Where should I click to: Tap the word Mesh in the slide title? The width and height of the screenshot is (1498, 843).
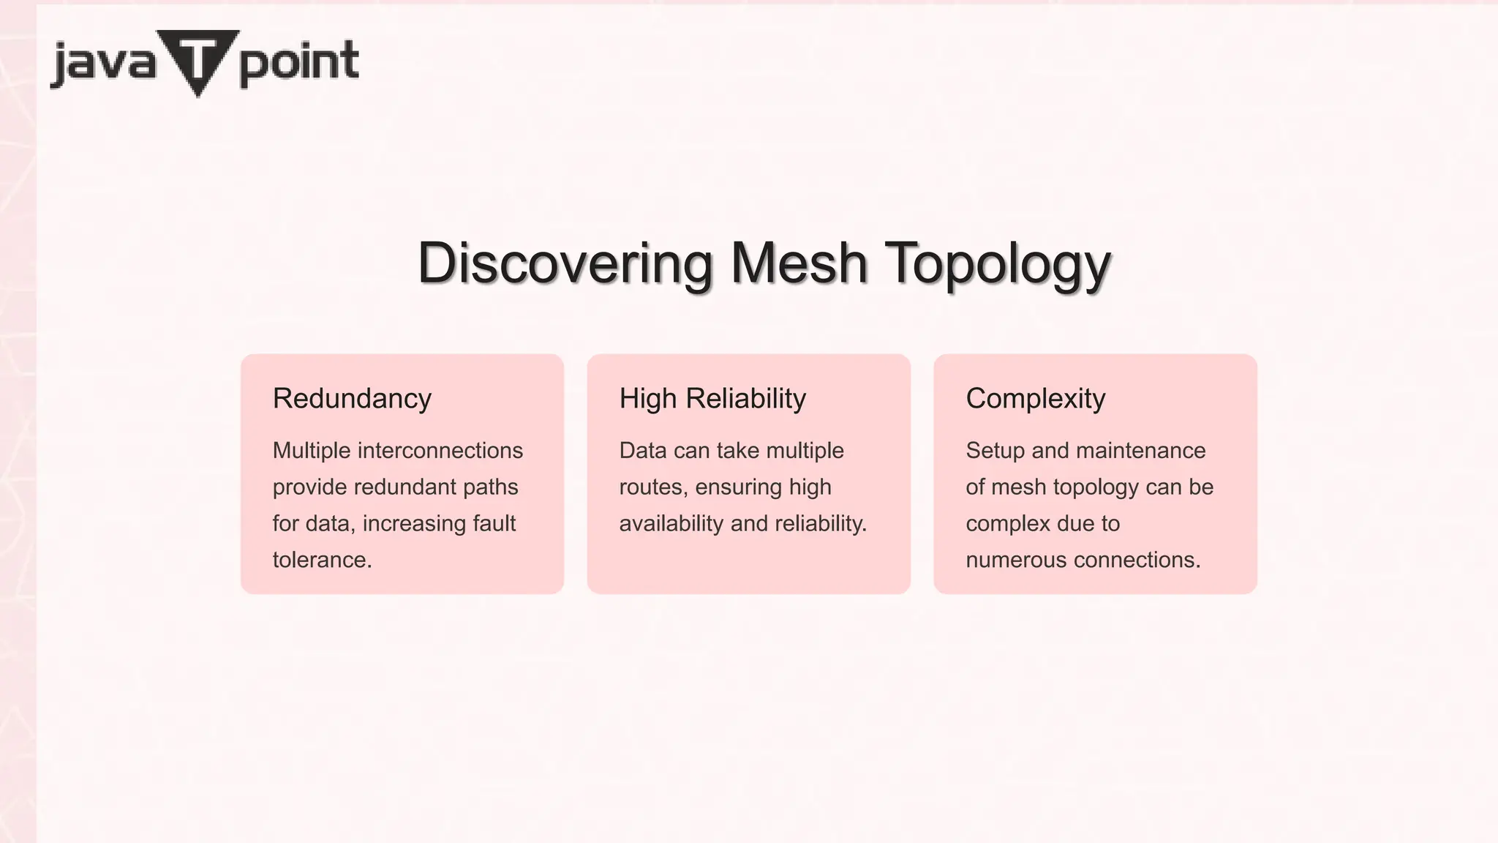pos(799,263)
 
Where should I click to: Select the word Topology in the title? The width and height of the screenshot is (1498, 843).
pos(998,265)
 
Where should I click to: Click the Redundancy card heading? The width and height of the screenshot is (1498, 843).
pos(352,399)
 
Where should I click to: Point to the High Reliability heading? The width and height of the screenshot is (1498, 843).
pos(712,399)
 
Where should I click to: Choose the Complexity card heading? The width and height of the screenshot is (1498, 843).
pos(1035,399)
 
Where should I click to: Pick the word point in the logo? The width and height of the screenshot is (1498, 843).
pos(298,63)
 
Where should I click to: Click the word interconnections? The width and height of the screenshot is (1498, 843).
pos(440,450)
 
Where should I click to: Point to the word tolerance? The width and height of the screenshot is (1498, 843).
pos(322,560)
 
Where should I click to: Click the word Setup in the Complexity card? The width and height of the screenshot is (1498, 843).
pos(995,450)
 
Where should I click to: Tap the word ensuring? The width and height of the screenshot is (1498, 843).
pos(738,487)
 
